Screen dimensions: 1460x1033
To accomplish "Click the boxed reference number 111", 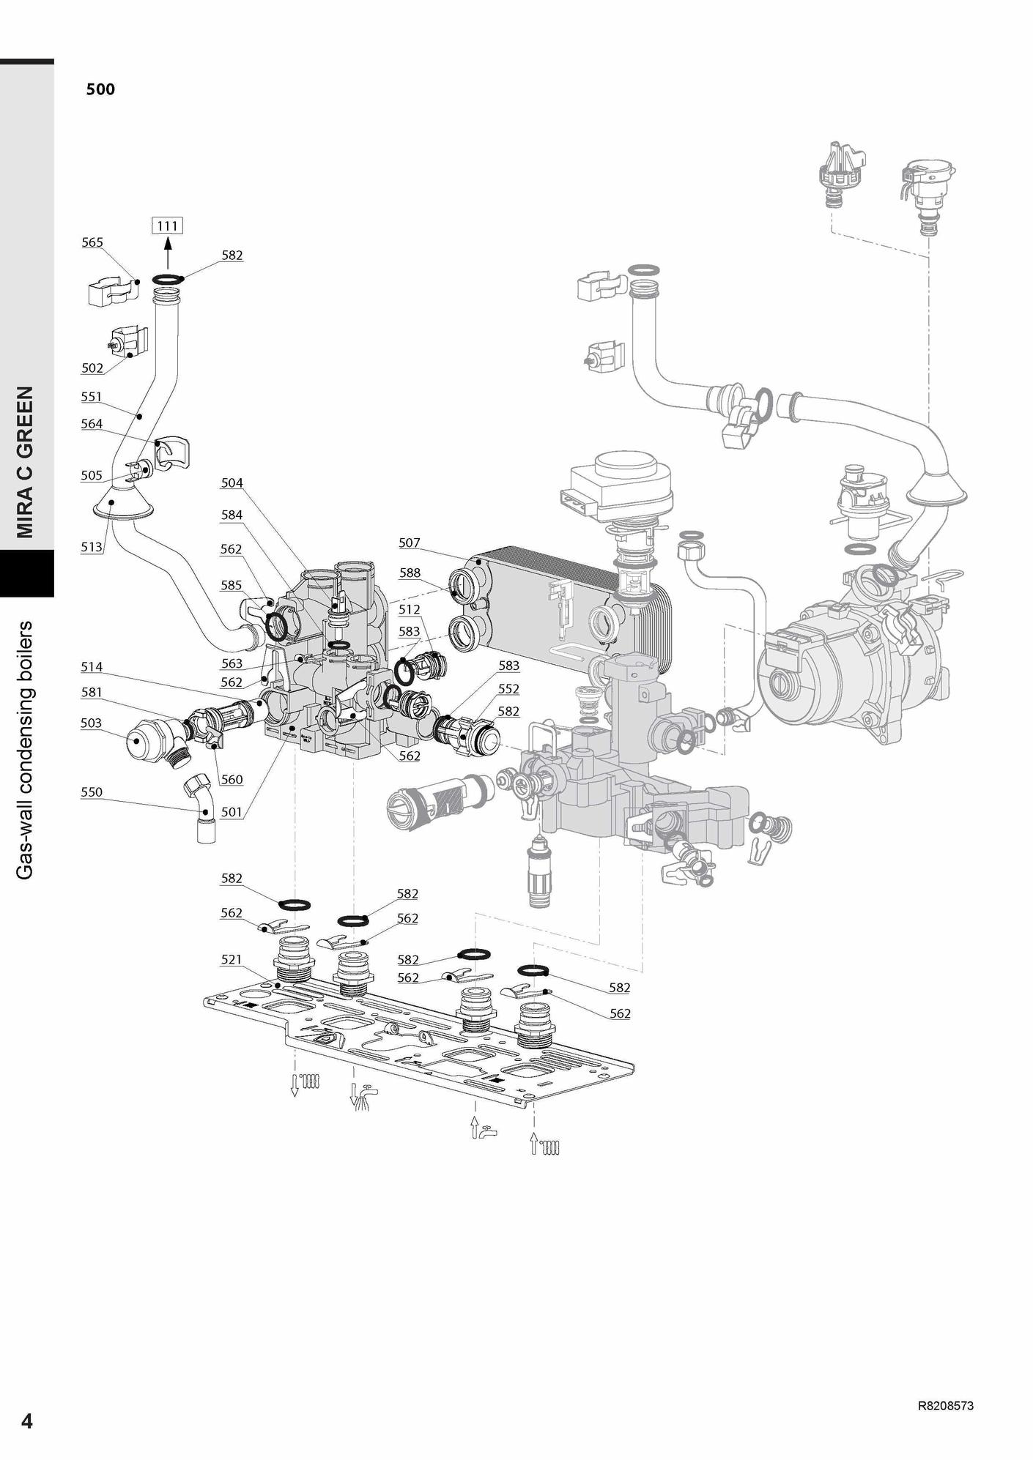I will (167, 226).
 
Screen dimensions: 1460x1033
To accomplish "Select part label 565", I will (92, 242).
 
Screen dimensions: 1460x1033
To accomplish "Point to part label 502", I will (92, 368).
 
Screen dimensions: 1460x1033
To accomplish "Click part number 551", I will (92, 397).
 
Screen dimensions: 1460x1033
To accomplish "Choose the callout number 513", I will (92, 547).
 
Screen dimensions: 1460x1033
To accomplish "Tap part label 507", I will (410, 543).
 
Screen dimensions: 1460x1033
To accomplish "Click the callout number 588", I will (410, 573).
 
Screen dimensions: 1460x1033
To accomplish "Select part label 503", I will (92, 723).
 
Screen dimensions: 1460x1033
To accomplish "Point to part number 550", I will (92, 792).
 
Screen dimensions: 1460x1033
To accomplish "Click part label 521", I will (232, 959).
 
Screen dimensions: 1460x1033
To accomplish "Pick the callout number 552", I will (508, 689).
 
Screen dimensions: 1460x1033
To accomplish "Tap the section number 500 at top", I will (100, 89).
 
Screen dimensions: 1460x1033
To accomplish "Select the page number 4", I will (27, 1420).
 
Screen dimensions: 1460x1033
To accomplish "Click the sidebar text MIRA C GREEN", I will (26, 461).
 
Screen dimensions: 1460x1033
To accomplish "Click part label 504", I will (232, 483).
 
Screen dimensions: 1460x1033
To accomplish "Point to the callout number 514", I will (92, 666).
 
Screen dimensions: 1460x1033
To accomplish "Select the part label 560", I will (232, 780).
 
